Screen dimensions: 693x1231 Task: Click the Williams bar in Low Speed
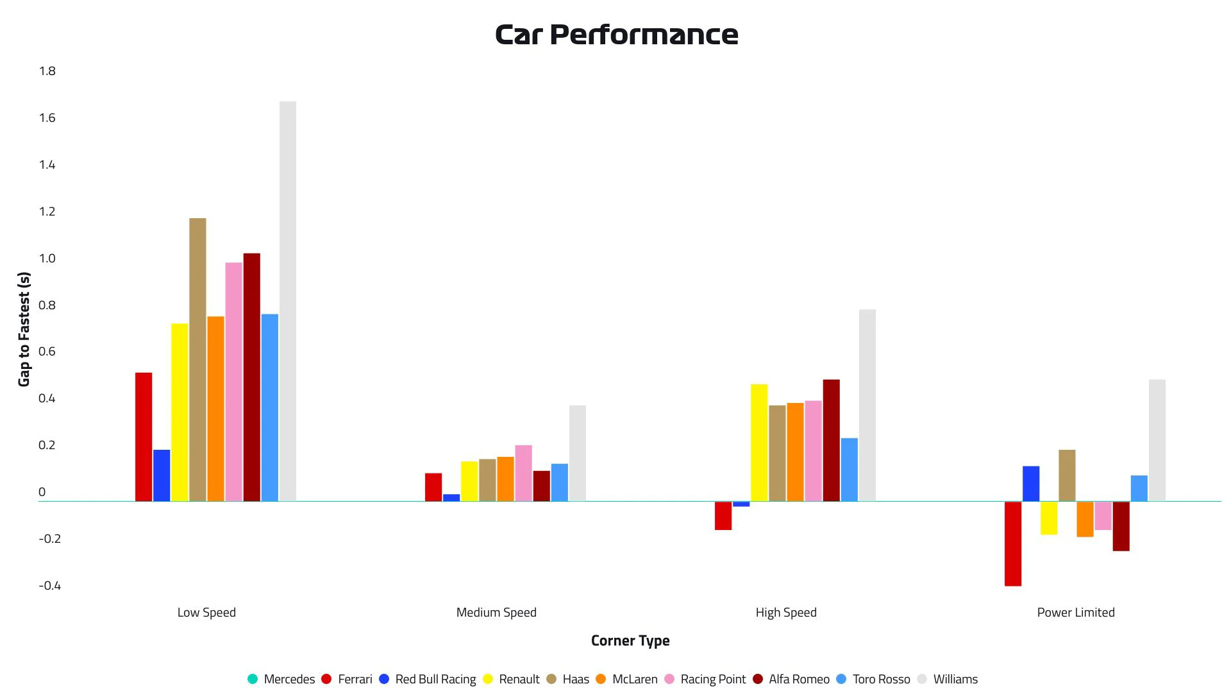(x=288, y=301)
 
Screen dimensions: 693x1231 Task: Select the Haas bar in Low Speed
(x=197, y=359)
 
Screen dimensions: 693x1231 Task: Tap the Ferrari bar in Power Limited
(x=1013, y=543)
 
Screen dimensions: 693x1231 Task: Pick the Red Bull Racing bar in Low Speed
(x=162, y=475)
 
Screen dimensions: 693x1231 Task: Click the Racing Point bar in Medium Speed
(x=523, y=473)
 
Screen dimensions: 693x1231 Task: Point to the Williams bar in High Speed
(x=867, y=405)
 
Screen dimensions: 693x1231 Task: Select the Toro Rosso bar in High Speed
(x=850, y=470)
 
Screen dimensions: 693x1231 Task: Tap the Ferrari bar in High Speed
(x=723, y=516)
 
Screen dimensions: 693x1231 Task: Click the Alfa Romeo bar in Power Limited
(x=1121, y=526)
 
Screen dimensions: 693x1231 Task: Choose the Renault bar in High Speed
(x=759, y=443)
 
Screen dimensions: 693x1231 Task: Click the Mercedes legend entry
(x=281, y=679)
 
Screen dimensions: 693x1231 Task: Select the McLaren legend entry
(x=626, y=679)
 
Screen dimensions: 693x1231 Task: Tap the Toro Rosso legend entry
(x=873, y=679)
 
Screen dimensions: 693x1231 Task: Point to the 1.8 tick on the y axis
(x=47, y=71)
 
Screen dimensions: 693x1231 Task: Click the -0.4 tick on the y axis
(x=50, y=586)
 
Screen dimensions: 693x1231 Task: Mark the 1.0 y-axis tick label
(x=47, y=259)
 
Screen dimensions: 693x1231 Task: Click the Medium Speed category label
(x=496, y=613)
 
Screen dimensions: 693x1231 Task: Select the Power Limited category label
(x=1076, y=613)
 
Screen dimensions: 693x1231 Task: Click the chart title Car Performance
(x=616, y=35)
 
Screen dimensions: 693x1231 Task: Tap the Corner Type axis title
(x=630, y=640)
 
